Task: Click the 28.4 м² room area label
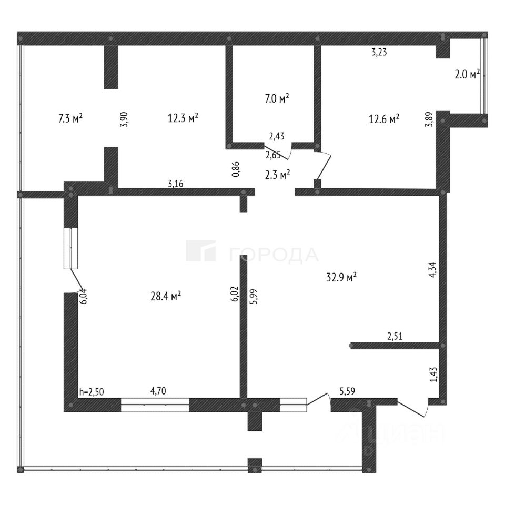(166, 296)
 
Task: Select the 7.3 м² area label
(70, 118)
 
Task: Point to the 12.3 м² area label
(183, 118)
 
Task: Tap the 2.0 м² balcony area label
(467, 75)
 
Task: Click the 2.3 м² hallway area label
(278, 175)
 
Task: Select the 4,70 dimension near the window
(159, 391)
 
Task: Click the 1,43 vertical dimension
(433, 375)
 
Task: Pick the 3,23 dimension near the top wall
(380, 52)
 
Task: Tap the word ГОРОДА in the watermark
(274, 255)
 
